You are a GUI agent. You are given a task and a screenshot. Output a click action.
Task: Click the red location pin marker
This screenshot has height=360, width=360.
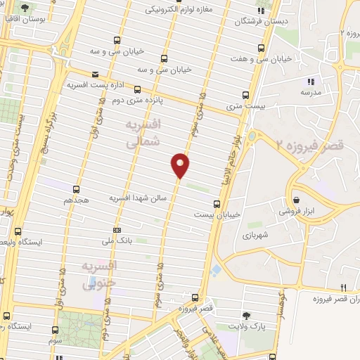(181, 165)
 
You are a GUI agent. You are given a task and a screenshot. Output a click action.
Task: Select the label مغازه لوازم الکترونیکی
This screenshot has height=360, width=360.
(179, 11)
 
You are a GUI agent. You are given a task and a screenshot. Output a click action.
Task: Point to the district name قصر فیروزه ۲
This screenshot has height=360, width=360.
(311, 146)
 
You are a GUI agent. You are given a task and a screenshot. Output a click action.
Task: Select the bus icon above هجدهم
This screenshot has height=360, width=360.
(76, 188)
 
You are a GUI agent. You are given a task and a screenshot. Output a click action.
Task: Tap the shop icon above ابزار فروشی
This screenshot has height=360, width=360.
(296, 199)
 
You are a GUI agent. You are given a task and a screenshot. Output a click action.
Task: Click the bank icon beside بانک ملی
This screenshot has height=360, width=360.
(116, 229)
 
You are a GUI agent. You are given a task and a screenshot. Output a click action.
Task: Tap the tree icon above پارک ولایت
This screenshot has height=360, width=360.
(245, 316)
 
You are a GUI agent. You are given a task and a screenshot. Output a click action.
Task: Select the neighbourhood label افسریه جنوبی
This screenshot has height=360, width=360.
(101, 276)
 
